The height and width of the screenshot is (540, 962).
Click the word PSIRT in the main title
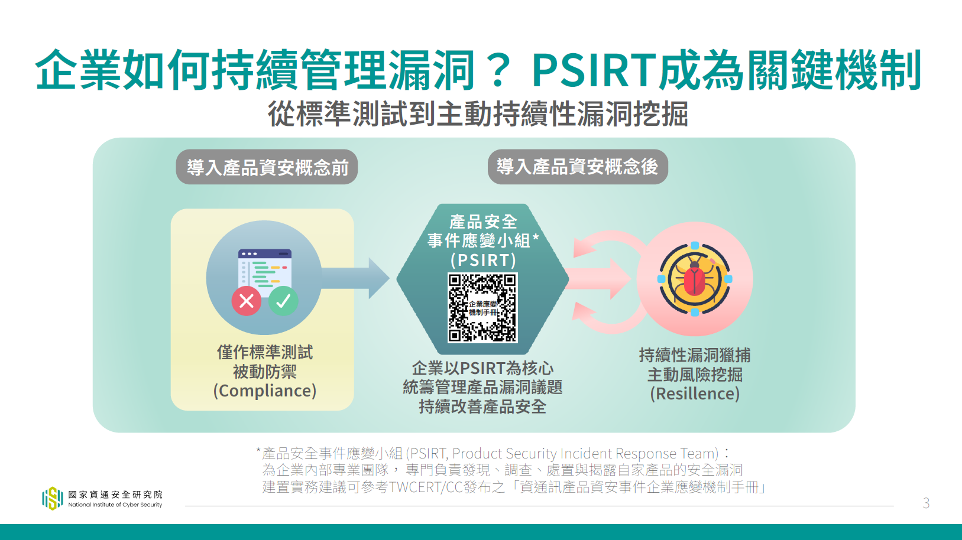click(595, 70)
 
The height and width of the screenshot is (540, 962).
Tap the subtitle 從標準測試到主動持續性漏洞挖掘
click(478, 114)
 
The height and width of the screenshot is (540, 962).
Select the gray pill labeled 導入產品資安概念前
click(267, 167)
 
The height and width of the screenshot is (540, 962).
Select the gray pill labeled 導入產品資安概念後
click(578, 167)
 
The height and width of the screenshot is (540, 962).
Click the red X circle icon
click(247, 301)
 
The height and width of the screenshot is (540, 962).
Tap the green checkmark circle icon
click(283, 301)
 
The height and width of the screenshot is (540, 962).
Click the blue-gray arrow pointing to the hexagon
click(355, 278)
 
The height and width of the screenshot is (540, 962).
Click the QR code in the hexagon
click(482, 308)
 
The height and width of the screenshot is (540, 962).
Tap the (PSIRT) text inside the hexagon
click(483, 260)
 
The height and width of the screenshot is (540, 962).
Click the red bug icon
click(694, 279)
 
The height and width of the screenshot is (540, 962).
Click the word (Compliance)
click(265, 391)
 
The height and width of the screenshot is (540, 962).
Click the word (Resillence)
click(695, 393)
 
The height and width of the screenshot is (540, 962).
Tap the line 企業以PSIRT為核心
click(482, 368)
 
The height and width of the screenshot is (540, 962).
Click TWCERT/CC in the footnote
click(426, 487)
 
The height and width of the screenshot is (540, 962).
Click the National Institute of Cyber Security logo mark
click(53, 499)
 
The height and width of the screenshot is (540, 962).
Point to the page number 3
click(926, 503)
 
